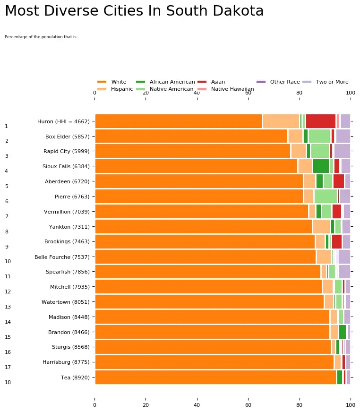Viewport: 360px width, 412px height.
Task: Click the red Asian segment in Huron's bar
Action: pos(321,121)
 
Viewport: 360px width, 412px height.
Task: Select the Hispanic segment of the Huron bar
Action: pos(281,121)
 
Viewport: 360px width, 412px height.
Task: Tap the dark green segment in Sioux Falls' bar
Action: pos(321,166)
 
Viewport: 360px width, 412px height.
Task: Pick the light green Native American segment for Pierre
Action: pos(326,196)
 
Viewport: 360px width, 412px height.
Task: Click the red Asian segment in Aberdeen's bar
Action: pos(339,181)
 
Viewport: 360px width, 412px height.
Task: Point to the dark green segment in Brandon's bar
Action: pos(343,332)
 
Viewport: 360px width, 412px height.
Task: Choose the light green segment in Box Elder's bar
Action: pos(319,136)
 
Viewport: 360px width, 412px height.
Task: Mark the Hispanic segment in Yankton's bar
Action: pos(321,226)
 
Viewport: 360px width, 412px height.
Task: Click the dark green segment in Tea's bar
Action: pos(340,377)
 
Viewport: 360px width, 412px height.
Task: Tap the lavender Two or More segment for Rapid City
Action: pos(342,151)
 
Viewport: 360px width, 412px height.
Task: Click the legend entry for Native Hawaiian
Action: pos(226,89)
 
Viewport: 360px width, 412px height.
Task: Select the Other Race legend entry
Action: pos(278,82)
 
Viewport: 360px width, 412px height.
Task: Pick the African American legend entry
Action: pos(165,82)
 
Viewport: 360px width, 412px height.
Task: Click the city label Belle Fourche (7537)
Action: pos(62,257)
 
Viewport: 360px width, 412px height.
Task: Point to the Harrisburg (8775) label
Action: pos(66,362)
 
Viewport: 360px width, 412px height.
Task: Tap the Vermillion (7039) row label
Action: pos(67,212)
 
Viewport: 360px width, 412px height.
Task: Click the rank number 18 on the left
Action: pos(8,382)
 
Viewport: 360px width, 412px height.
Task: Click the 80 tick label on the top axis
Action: pos(300,93)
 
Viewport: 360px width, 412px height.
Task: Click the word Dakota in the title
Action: pos(238,11)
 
